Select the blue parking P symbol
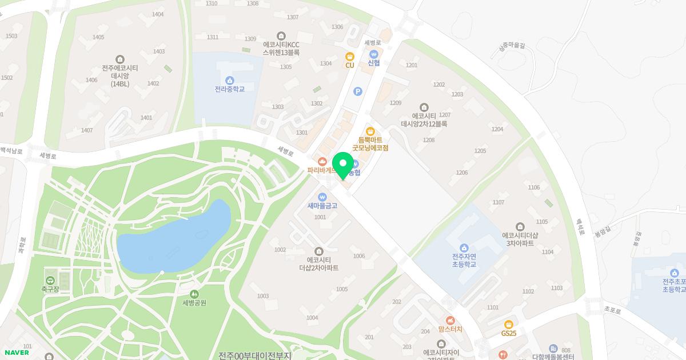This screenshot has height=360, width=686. [x=358, y=91]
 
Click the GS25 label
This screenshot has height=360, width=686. [x=509, y=333]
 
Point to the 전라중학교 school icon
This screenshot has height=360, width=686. [x=230, y=80]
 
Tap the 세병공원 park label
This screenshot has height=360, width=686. [x=194, y=303]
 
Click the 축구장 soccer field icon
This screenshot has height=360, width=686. [x=50, y=280]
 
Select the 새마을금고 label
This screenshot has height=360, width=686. [x=322, y=206]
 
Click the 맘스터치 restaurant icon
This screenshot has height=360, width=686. [x=450, y=320]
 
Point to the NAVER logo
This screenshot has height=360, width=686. [x=16, y=353]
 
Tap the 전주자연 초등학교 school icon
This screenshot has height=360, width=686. [x=464, y=248]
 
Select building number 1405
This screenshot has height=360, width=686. [x=98, y=37]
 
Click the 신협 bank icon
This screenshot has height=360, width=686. [x=374, y=54]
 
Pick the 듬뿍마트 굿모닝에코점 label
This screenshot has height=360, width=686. [x=370, y=143]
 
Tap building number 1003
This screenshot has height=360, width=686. [x=263, y=296]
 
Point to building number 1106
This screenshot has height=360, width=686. [x=534, y=187]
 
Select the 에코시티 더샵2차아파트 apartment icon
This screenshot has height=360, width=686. [x=319, y=251]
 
